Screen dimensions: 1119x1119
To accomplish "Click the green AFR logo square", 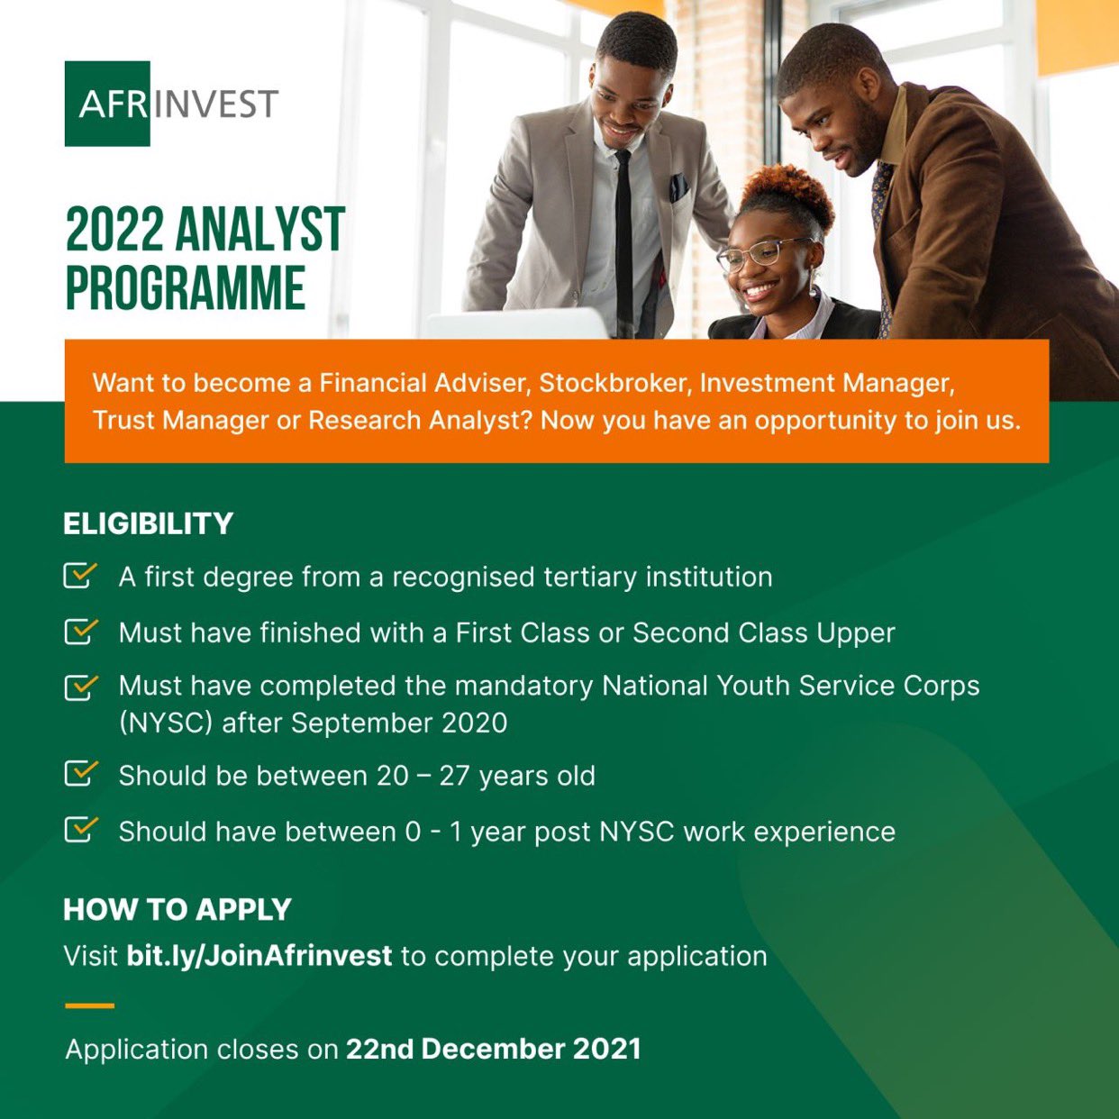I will (107, 104).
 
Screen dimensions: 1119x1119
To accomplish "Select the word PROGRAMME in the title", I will (186, 289).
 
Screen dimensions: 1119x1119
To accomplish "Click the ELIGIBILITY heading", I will (149, 523).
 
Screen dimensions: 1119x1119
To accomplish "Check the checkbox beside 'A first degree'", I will (79, 576).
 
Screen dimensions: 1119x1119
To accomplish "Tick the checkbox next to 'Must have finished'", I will (79, 632).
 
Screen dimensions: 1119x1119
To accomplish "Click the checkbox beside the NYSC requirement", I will (79, 687).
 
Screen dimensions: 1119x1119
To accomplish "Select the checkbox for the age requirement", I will (79, 774).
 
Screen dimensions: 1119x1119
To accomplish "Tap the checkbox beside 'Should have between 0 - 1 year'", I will (79, 830).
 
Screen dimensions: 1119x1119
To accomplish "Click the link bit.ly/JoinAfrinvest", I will (259, 955).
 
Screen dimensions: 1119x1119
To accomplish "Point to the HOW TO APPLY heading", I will (177, 909).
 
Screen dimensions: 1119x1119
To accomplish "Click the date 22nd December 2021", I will (493, 1049).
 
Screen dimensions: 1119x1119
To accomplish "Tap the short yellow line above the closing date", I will (89, 1005).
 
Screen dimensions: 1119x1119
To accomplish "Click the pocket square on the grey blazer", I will (678, 187).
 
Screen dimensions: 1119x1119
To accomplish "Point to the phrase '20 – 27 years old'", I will (486, 776).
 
